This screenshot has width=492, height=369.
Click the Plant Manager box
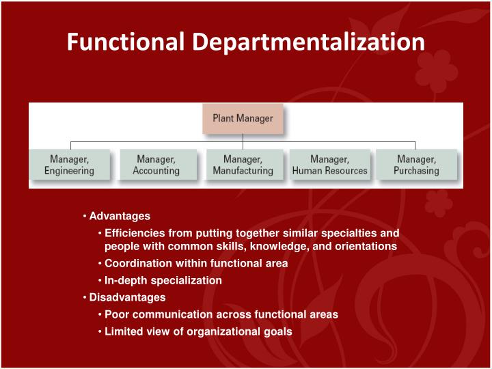pyautogui.click(x=243, y=118)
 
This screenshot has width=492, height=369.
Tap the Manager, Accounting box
pyautogui.click(x=156, y=165)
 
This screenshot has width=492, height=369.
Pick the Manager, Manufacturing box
pyautogui.click(x=243, y=165)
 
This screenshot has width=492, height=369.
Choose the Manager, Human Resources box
pyautogui.click(x=329, y=165)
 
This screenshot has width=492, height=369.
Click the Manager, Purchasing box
pyautogui.click(x=416, y=165)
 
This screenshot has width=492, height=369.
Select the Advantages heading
pyautogui.click(x=120, y=216)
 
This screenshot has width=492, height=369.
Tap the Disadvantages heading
pyautogui.click(x=127, y=297)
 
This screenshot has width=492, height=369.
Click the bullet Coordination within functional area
pyautogui.click(x=196, y=263)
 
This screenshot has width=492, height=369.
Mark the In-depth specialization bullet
pyautogui.click(x=163, y=280)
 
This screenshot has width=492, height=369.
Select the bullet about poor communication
pyautogui.click(x=221, y=314)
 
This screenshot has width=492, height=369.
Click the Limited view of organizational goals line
pyautogui.click(x=198, y=331)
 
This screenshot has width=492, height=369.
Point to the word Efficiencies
pyautogui.click(x=133, y=233)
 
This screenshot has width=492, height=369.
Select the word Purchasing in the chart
pyautogui.click(x=416, y=171)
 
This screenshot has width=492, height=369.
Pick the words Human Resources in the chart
pyautogui.click(x=329, y=171)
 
